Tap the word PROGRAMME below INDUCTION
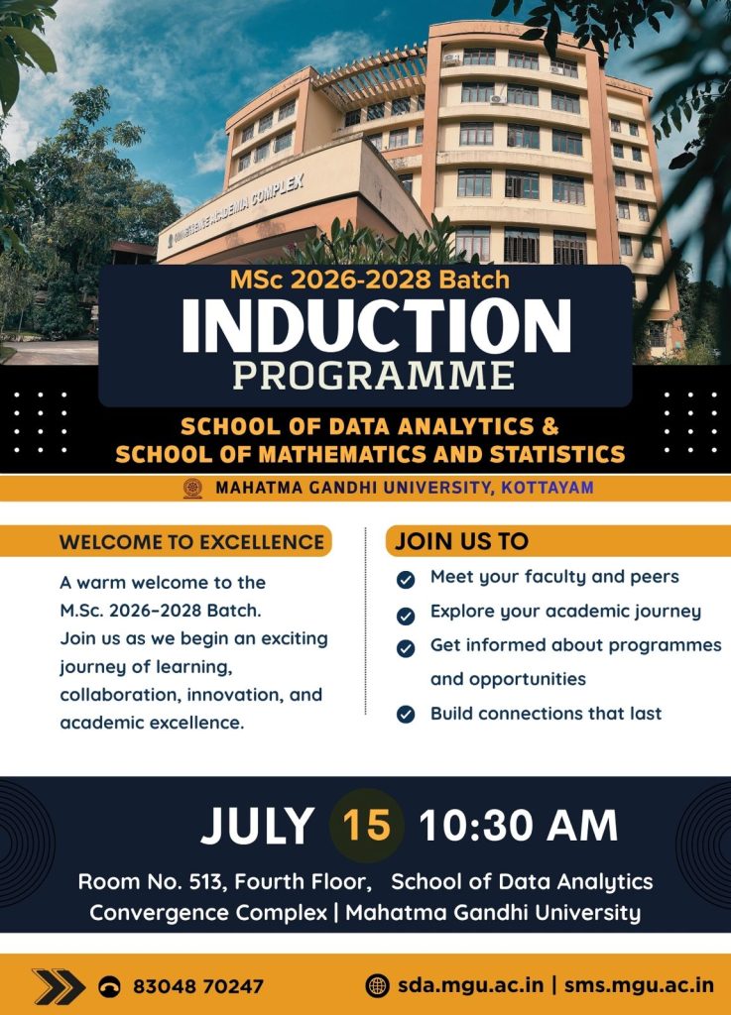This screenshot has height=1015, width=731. [x=374, y=376]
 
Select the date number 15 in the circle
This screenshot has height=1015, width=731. [x=366, y=826]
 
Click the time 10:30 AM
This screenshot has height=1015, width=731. [x=518, y=826]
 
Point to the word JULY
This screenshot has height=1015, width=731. [x=258, y=826]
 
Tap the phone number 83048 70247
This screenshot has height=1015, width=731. [x=198, y=986]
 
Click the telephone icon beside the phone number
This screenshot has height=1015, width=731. [x=109, y=986]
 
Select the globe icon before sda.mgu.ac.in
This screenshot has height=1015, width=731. [x=377, y=985]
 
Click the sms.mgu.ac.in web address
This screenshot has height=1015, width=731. [x=639, y=985]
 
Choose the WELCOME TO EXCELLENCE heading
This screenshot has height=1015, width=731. [x=191, y=542]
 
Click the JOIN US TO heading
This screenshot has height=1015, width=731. [x=461, y=541]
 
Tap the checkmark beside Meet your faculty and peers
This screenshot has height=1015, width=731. [x=406, y=579]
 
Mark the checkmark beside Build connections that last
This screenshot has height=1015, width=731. [x=406, y=714]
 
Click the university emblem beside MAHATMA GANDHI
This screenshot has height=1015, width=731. [x=192, y=488]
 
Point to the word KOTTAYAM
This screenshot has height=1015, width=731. [x=548, y=488]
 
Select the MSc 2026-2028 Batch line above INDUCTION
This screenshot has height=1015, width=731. [x=370, y=280]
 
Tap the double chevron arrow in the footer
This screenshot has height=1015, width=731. [x=59, y=986]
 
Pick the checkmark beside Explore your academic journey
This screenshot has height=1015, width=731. [x=406, y=615]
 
